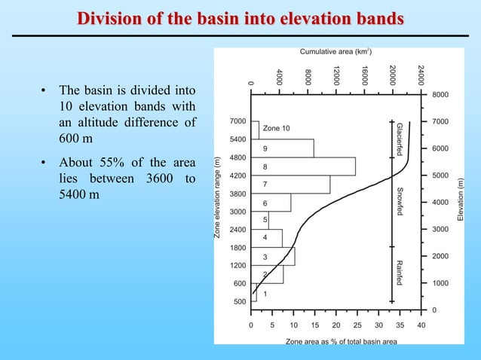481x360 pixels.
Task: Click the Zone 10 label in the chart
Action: tap(277, 129)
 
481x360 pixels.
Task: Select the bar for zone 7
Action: tap(290, 185)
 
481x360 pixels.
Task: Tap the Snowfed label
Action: tap(400, 201)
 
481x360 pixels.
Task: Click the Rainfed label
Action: tap(400, 272)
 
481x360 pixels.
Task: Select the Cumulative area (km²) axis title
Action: tap(335, 52)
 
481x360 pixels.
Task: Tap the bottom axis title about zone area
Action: tap(341, 341)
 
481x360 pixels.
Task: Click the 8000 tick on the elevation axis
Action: tap(441, 95)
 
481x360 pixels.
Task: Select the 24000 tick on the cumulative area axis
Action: tap(421, 75)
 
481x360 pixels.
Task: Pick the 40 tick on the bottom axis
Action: tap(421, 325)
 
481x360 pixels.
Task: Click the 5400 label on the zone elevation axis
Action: tap(237, 139)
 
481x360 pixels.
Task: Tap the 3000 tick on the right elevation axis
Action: tap(441, 229)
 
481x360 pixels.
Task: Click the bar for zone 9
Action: tap(282, 148)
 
